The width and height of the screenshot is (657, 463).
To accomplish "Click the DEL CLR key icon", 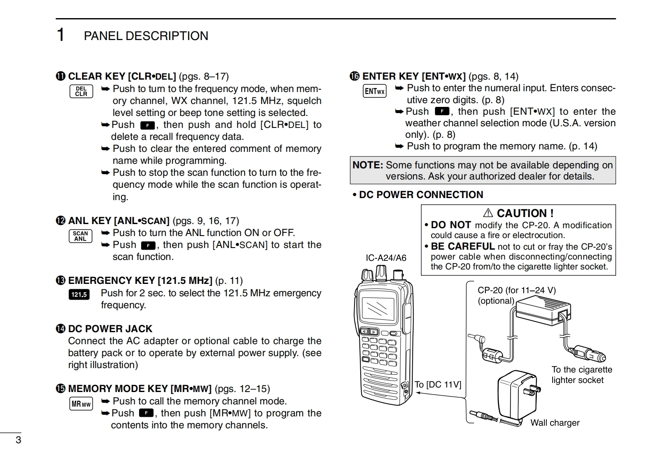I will pos(81,91).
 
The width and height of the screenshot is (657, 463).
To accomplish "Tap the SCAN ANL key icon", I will pos(80,236).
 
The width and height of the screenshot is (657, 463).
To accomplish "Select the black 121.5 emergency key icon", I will pos(79,295).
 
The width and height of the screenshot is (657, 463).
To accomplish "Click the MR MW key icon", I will pos(81,404).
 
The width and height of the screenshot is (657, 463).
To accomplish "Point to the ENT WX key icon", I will pos(374,91).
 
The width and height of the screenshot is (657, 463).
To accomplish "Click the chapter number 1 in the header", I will pos(61,35).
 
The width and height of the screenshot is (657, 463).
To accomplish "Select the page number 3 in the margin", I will pos(18,440).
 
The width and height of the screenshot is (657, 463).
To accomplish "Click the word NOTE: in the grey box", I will pos(368,165).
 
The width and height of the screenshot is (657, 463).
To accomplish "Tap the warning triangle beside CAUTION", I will pos(488,213).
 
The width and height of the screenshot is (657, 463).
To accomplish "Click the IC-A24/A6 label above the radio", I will pos(386,258).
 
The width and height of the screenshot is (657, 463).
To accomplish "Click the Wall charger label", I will pos(555,423).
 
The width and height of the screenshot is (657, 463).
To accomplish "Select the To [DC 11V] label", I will pos(437,385).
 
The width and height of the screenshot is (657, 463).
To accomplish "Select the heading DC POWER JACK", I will pos(110,329).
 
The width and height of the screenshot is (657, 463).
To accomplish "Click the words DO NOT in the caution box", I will pos(451,225).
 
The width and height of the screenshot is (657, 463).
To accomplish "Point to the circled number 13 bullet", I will pos(61,281).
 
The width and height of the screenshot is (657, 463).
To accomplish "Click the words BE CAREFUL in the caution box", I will pos(462,246).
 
